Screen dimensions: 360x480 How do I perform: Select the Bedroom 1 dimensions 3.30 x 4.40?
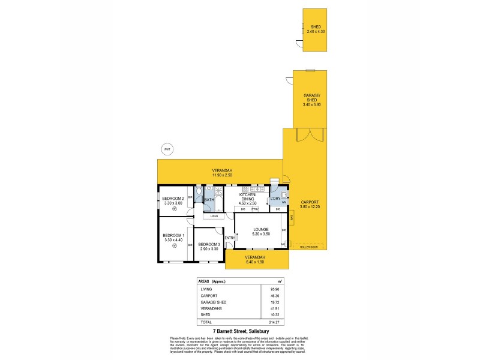173,240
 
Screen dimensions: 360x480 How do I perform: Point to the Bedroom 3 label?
209,244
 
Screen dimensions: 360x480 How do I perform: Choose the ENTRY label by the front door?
230,238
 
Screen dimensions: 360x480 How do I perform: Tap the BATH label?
209,200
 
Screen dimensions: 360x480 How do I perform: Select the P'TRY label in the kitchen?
254,209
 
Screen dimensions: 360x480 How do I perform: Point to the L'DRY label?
277,199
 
